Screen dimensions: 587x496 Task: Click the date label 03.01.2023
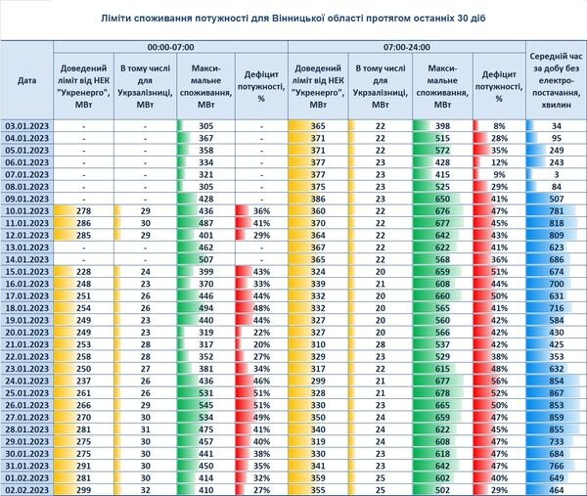[27, 126]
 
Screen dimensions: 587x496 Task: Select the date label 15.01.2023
[27, 272]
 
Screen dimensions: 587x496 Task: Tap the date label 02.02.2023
[27, 490]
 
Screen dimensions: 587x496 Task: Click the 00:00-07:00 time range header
[170, 47]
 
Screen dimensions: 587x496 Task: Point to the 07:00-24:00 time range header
[407, 47]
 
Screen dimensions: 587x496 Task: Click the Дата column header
[27, 80]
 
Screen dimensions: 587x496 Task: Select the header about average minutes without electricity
[557, 80]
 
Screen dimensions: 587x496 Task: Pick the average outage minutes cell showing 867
[557, 393]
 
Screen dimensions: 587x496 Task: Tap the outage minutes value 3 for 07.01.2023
[557, 175]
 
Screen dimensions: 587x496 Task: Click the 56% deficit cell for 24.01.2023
[499, 382]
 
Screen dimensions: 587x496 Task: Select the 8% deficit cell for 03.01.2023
[499, 126]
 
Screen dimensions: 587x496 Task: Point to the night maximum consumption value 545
[205, 405]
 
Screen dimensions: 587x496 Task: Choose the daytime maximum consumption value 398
[442, 126]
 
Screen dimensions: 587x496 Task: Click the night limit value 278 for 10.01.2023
[83, 211]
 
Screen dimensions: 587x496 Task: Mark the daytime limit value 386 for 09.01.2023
[318, 199]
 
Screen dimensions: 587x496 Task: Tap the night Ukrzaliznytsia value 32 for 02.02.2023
[145, 490]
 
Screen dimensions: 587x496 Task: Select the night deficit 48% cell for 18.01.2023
[261, 308]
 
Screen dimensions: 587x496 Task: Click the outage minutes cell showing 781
[557, 211]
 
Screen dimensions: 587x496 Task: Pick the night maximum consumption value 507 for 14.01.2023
[205, 259]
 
